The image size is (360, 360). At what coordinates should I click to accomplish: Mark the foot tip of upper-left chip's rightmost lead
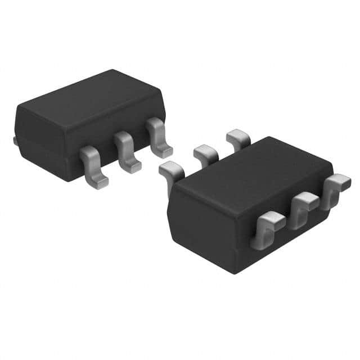pos(165,152)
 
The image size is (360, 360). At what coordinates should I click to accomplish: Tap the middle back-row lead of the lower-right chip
pos(205,153)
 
